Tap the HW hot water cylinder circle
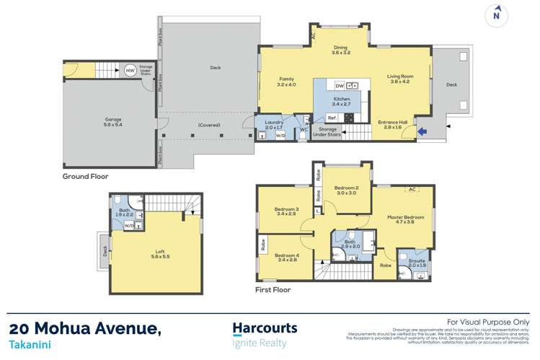point(130,71)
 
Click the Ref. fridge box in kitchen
point(332,118)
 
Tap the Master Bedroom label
point(405,219)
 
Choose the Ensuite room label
point(417,263)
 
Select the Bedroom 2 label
point(346,190)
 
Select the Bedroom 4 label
point(286,257)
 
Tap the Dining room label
point(341,50)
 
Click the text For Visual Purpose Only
point(488,322)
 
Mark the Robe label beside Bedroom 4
point(262,246)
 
